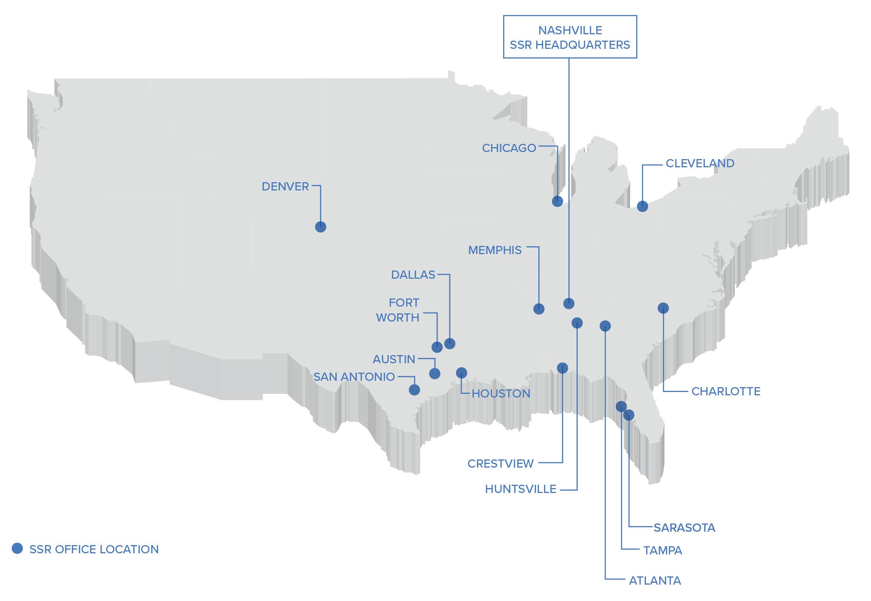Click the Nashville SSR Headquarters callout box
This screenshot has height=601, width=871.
[570, 37]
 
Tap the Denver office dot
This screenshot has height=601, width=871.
[321, 227]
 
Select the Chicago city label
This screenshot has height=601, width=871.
[509, 148]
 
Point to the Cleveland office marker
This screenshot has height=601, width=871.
[643, 206]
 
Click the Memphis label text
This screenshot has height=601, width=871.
[495, 250]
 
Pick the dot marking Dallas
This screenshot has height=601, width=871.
[449, 344]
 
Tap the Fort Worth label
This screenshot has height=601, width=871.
[398, 310]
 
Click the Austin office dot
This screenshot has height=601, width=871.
[435, 374]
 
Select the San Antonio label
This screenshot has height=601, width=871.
[354, 377]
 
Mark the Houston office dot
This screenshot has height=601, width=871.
[461, 373]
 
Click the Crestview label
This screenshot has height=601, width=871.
[501, 464]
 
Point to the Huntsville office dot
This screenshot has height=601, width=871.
[577, 323]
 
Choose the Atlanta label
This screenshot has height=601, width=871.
[655, 581]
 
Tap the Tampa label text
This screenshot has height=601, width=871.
[663, 551]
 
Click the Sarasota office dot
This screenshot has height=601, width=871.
[629, 415]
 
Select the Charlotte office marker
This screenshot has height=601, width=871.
[663, 308]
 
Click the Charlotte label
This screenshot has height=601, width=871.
[726, 391]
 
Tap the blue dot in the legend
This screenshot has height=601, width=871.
[17, 548]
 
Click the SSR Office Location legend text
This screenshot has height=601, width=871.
[94, 550]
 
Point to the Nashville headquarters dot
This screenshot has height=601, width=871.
[569, 303]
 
